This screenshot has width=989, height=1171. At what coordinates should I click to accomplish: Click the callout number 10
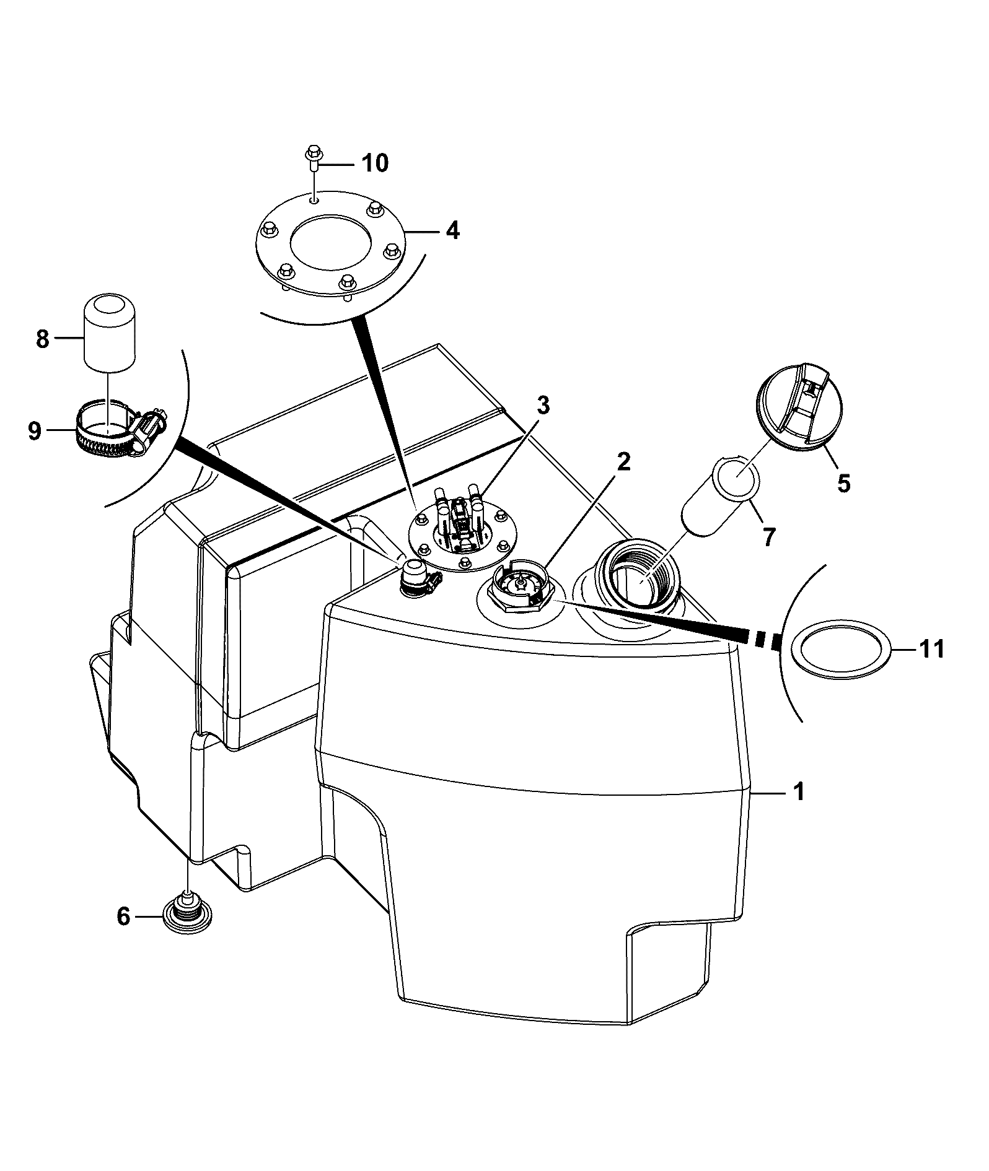pos(374,163)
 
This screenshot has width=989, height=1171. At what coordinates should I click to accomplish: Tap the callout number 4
pos(452,231)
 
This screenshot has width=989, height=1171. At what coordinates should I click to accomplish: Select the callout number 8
pos(42,339)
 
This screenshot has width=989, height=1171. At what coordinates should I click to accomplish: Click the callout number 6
pos(124,916)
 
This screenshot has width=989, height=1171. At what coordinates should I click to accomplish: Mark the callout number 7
pos(768,537)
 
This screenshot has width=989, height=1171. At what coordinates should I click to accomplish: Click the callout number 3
pos(543,406)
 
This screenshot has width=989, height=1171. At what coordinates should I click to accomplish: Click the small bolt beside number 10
pos(313,157)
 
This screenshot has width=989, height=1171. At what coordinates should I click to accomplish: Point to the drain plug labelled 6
pos(187,913)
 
